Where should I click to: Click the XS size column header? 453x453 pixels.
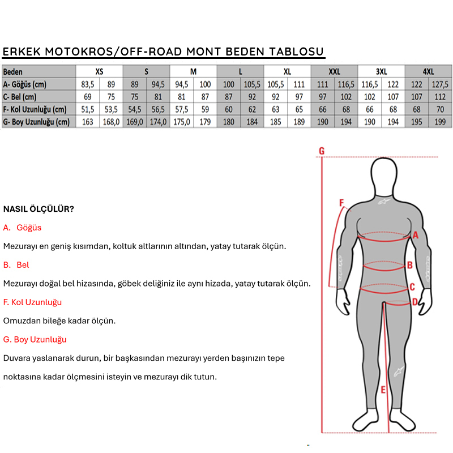(x=100, y=72)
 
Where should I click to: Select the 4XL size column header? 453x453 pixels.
(x=428, y=72)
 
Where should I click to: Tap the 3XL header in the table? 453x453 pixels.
(x=381, y=72)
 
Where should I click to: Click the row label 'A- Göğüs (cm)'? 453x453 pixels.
(x=25, y=84)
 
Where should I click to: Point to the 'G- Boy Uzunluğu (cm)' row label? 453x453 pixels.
(x=36, y=122)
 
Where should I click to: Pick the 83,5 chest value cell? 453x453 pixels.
(x=88, y=84)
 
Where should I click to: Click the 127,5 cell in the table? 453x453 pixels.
(x=440, y=84)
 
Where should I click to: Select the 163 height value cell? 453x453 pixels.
(x=88, y=122)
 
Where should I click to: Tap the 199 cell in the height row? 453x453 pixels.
(x=440, y=122)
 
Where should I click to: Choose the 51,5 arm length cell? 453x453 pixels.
(x=88, y=109)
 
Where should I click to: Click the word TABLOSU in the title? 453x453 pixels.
(x=296, y=52)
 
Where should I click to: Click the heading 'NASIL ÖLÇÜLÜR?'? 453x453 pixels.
(x=39, y=209)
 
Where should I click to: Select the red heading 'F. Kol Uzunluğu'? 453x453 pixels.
(x=32, y=302)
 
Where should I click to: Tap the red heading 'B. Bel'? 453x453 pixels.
(x=16, y=265)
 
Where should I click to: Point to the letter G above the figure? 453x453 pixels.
(x=321, y=151)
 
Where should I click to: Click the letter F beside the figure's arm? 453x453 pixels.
(x=341, y=202)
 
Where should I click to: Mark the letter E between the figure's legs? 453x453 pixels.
(x=383, y=390)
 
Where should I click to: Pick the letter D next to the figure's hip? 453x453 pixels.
(x=414, y=302)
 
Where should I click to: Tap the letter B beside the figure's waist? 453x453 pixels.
(x=409, y=264)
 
